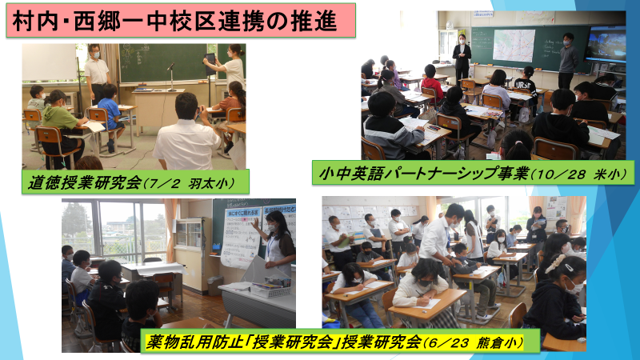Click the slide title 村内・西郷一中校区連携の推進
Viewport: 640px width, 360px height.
tap(174, 21)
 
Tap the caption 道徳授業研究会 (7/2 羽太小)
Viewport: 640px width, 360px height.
tap(131, 183)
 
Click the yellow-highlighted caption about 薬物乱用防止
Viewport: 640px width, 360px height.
tap(334, 342)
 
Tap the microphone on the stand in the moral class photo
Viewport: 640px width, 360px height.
tap(170, 66)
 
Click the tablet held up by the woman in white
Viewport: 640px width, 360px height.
tap(210, 64)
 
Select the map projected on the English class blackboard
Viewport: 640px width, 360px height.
tap(514, 45)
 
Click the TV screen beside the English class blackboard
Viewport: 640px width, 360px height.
tap(605, 44)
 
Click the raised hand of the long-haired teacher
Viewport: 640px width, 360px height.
tap(256, 222)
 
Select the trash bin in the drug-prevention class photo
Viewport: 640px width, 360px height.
tap(215, 286)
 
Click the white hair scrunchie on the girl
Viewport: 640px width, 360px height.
tap(554, 264)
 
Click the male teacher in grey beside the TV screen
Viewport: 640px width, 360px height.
tap(568, 61)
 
